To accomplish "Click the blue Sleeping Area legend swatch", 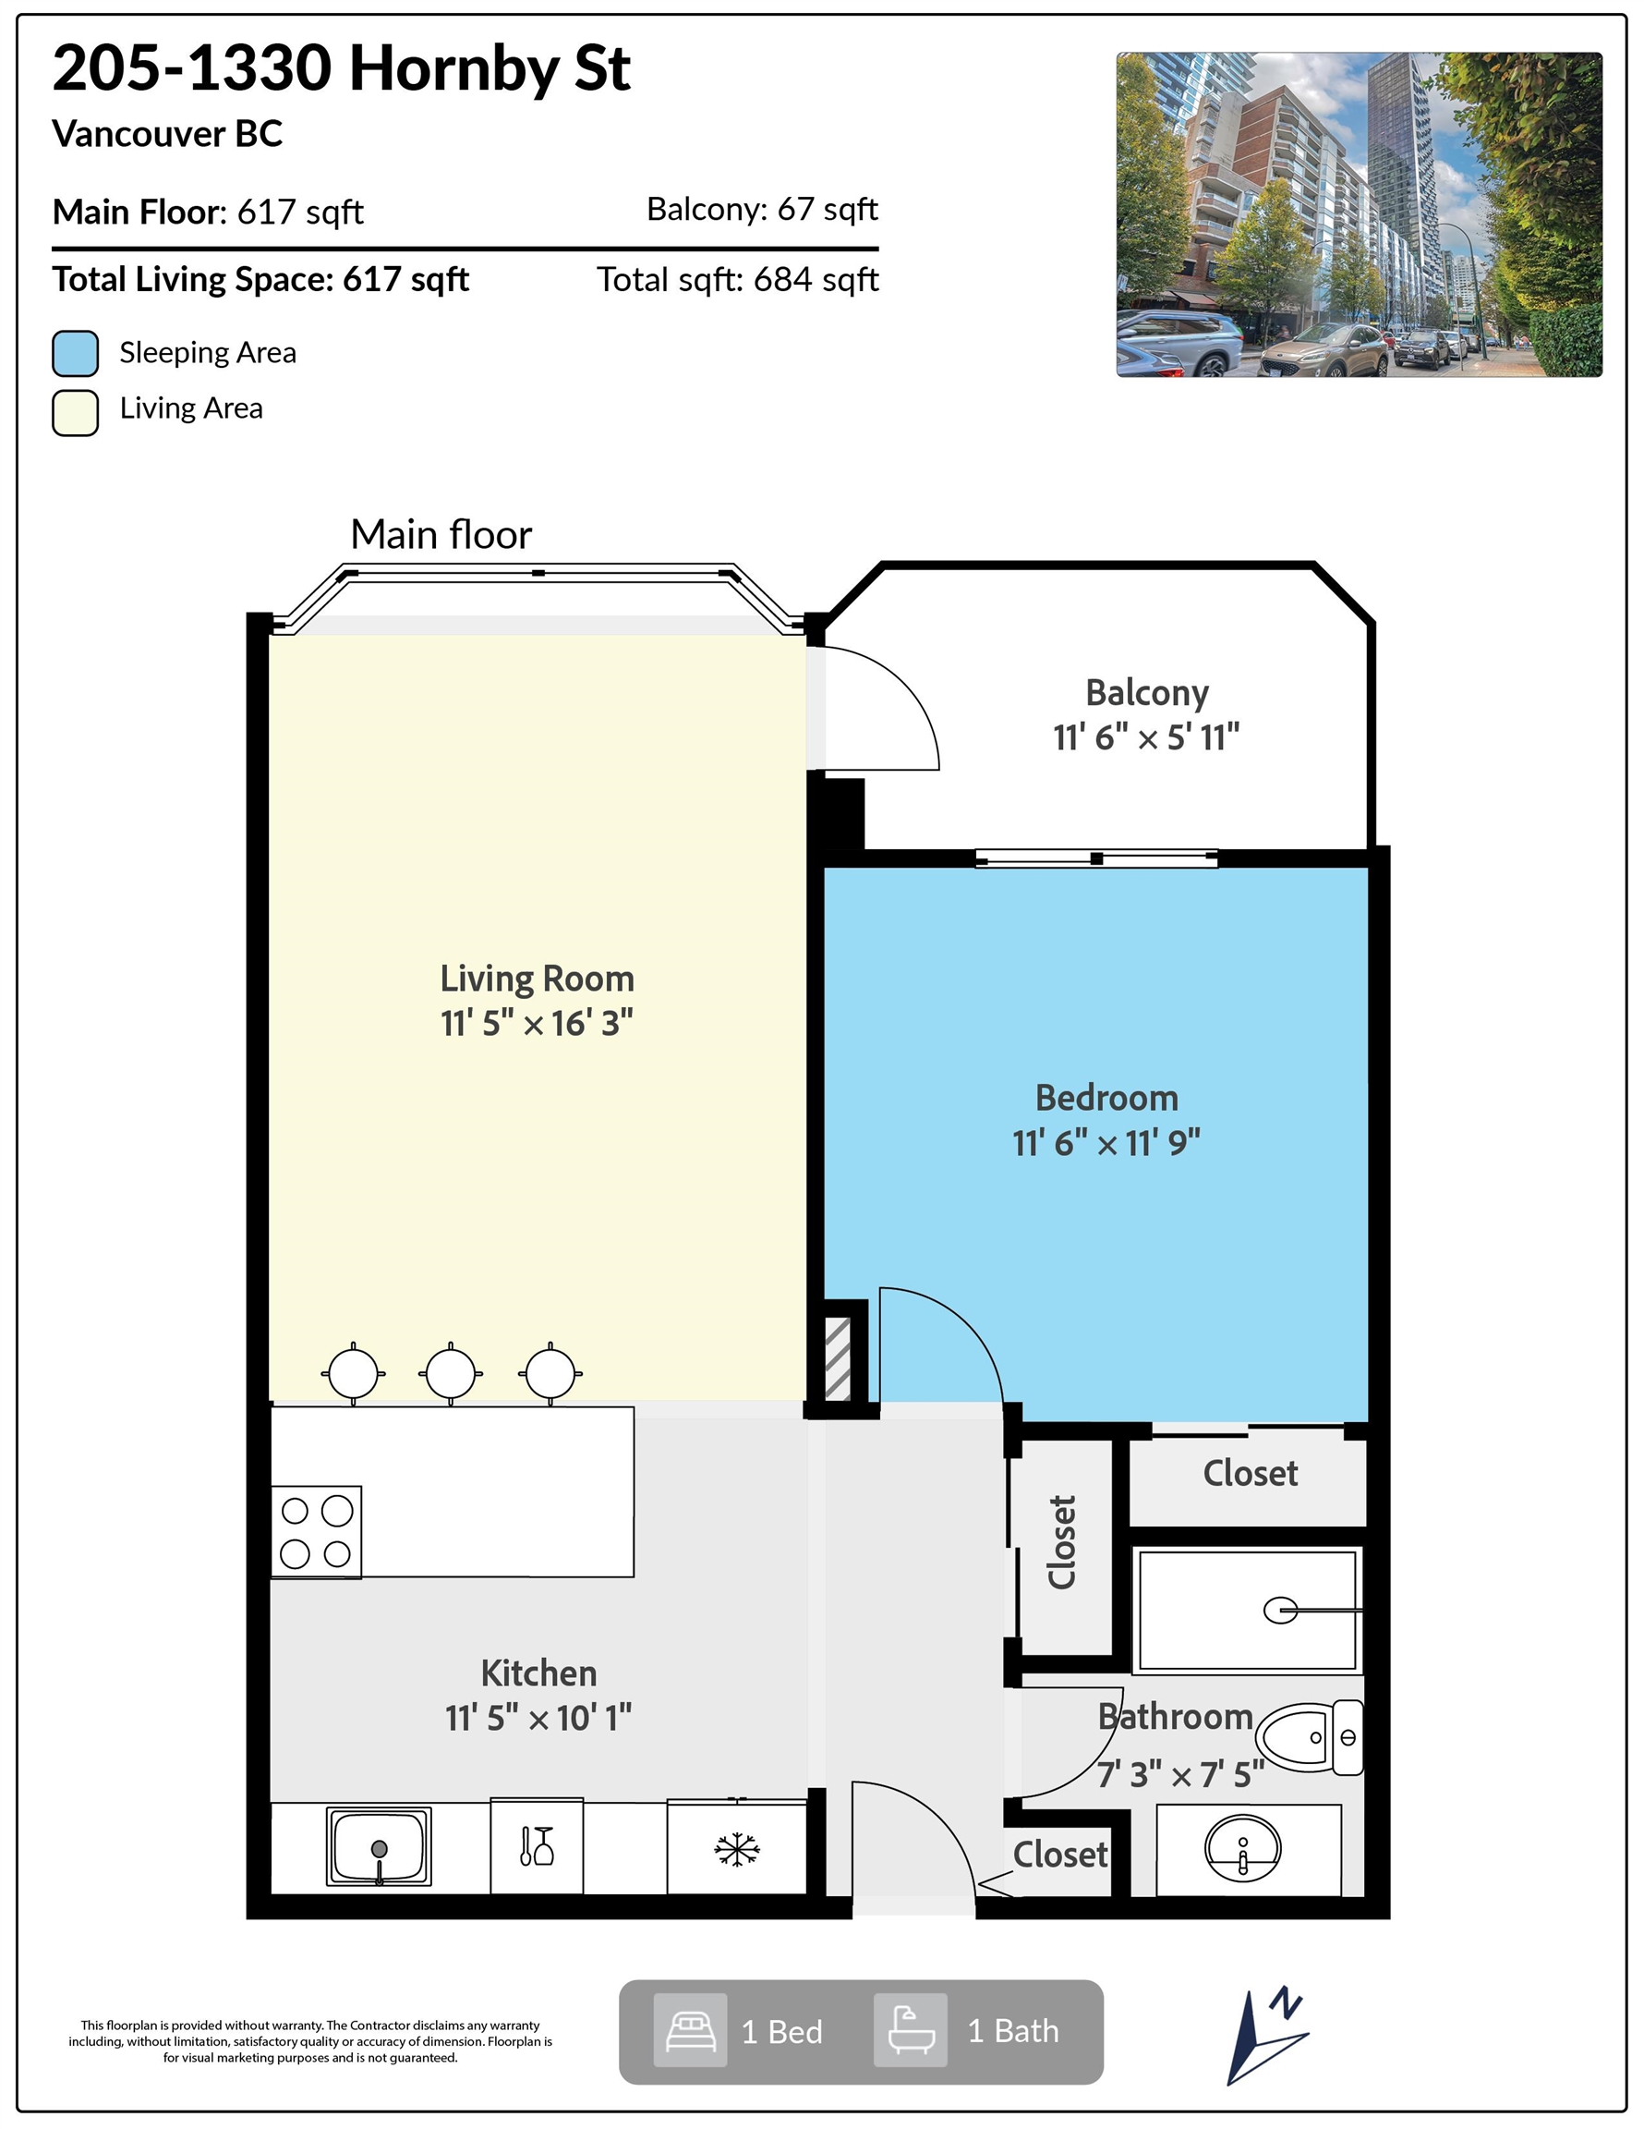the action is coord(75,353).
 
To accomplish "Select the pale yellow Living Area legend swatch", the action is coord(75,412).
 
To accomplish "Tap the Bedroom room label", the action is coord(1106,1099).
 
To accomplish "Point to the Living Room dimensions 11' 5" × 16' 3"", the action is coord(537,1024).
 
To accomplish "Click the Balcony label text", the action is coord(1147,693).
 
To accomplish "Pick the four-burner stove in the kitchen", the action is coord(316,1531).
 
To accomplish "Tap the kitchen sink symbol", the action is coord(379,1846).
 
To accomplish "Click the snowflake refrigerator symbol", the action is coord(737,1848).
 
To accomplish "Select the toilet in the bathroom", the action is coord(1309,1737).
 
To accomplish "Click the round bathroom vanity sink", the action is coord(1242,1848).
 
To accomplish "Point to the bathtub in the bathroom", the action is coord(1247,1610).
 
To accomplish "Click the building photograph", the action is coord(1359,214).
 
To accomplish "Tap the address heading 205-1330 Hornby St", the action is coord(341,68).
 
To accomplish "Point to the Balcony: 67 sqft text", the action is coord(762,209).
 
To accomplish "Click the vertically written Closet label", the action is coord(1062,1543).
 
